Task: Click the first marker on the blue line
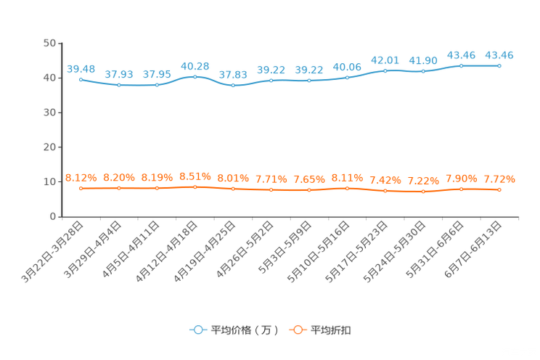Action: pyautogui.click(x=81, y=78)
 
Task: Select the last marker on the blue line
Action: pyautogui.click(x=499, y=66)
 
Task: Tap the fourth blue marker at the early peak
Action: pyautogui.click(x=195, y=75)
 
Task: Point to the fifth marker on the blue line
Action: pyautogui.click(x=233, y=85)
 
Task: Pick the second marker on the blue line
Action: pyautogui.click(x=119, y=85)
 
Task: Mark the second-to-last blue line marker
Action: pyautogui.click(x=461, y=66)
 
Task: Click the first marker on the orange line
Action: pyautogui.click(x=81, y=189)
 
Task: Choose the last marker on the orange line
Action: pyautogui.click(x=499, y=190)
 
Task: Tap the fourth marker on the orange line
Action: pyautogui.click(x=195, y=187)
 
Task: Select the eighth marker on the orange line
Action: pyautogui.click(x=348, y=189)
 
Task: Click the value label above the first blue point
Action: pyautogui.click(x=81, y=68)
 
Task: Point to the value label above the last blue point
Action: pyautogui.click(x=499, y=55)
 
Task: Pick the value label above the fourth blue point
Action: pyautogui.click(x=195, y=65)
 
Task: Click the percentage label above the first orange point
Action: pyautogui.click(x=81, y=177)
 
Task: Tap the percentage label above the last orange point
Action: pyautogui.click(x=499, y=179)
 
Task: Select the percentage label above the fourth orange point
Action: pyautogui.click(x=195, y=176)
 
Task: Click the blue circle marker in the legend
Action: pyautogui.click(x=197, y=330)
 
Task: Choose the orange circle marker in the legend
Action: pyautogui.click(x=296, y=330)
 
